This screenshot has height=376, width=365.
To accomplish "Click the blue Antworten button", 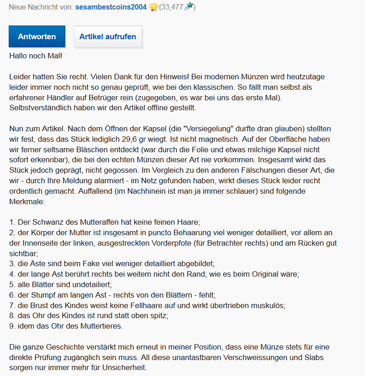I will tap(37, 37).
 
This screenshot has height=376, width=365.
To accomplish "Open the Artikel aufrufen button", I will tap(108, 37).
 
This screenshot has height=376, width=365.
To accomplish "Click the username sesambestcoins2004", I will tap(111, 7).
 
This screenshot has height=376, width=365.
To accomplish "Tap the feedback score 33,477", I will tap(172, 7).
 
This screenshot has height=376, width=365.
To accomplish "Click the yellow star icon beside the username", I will tap(153, 7).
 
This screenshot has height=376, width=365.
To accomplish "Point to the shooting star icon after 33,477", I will tap(188, 7).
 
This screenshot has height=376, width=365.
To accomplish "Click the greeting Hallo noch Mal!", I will tap(36, 56).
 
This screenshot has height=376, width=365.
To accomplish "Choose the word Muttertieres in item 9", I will tap(101, 326).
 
